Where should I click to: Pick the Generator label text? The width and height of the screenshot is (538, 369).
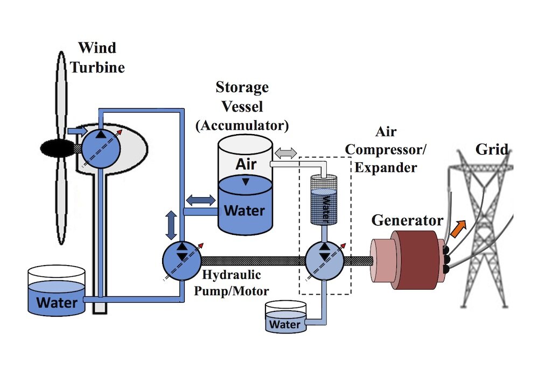(x=407, y=220)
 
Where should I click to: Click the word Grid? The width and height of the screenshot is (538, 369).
(x=491, y=149)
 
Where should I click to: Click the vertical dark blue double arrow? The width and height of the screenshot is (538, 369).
(x=171, y=225)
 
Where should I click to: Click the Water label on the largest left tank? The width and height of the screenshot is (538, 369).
(x=57, y=301)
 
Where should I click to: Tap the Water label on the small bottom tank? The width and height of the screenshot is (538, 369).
(x=284, y=324)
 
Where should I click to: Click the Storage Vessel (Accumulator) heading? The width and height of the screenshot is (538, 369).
(x=242, y=106)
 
